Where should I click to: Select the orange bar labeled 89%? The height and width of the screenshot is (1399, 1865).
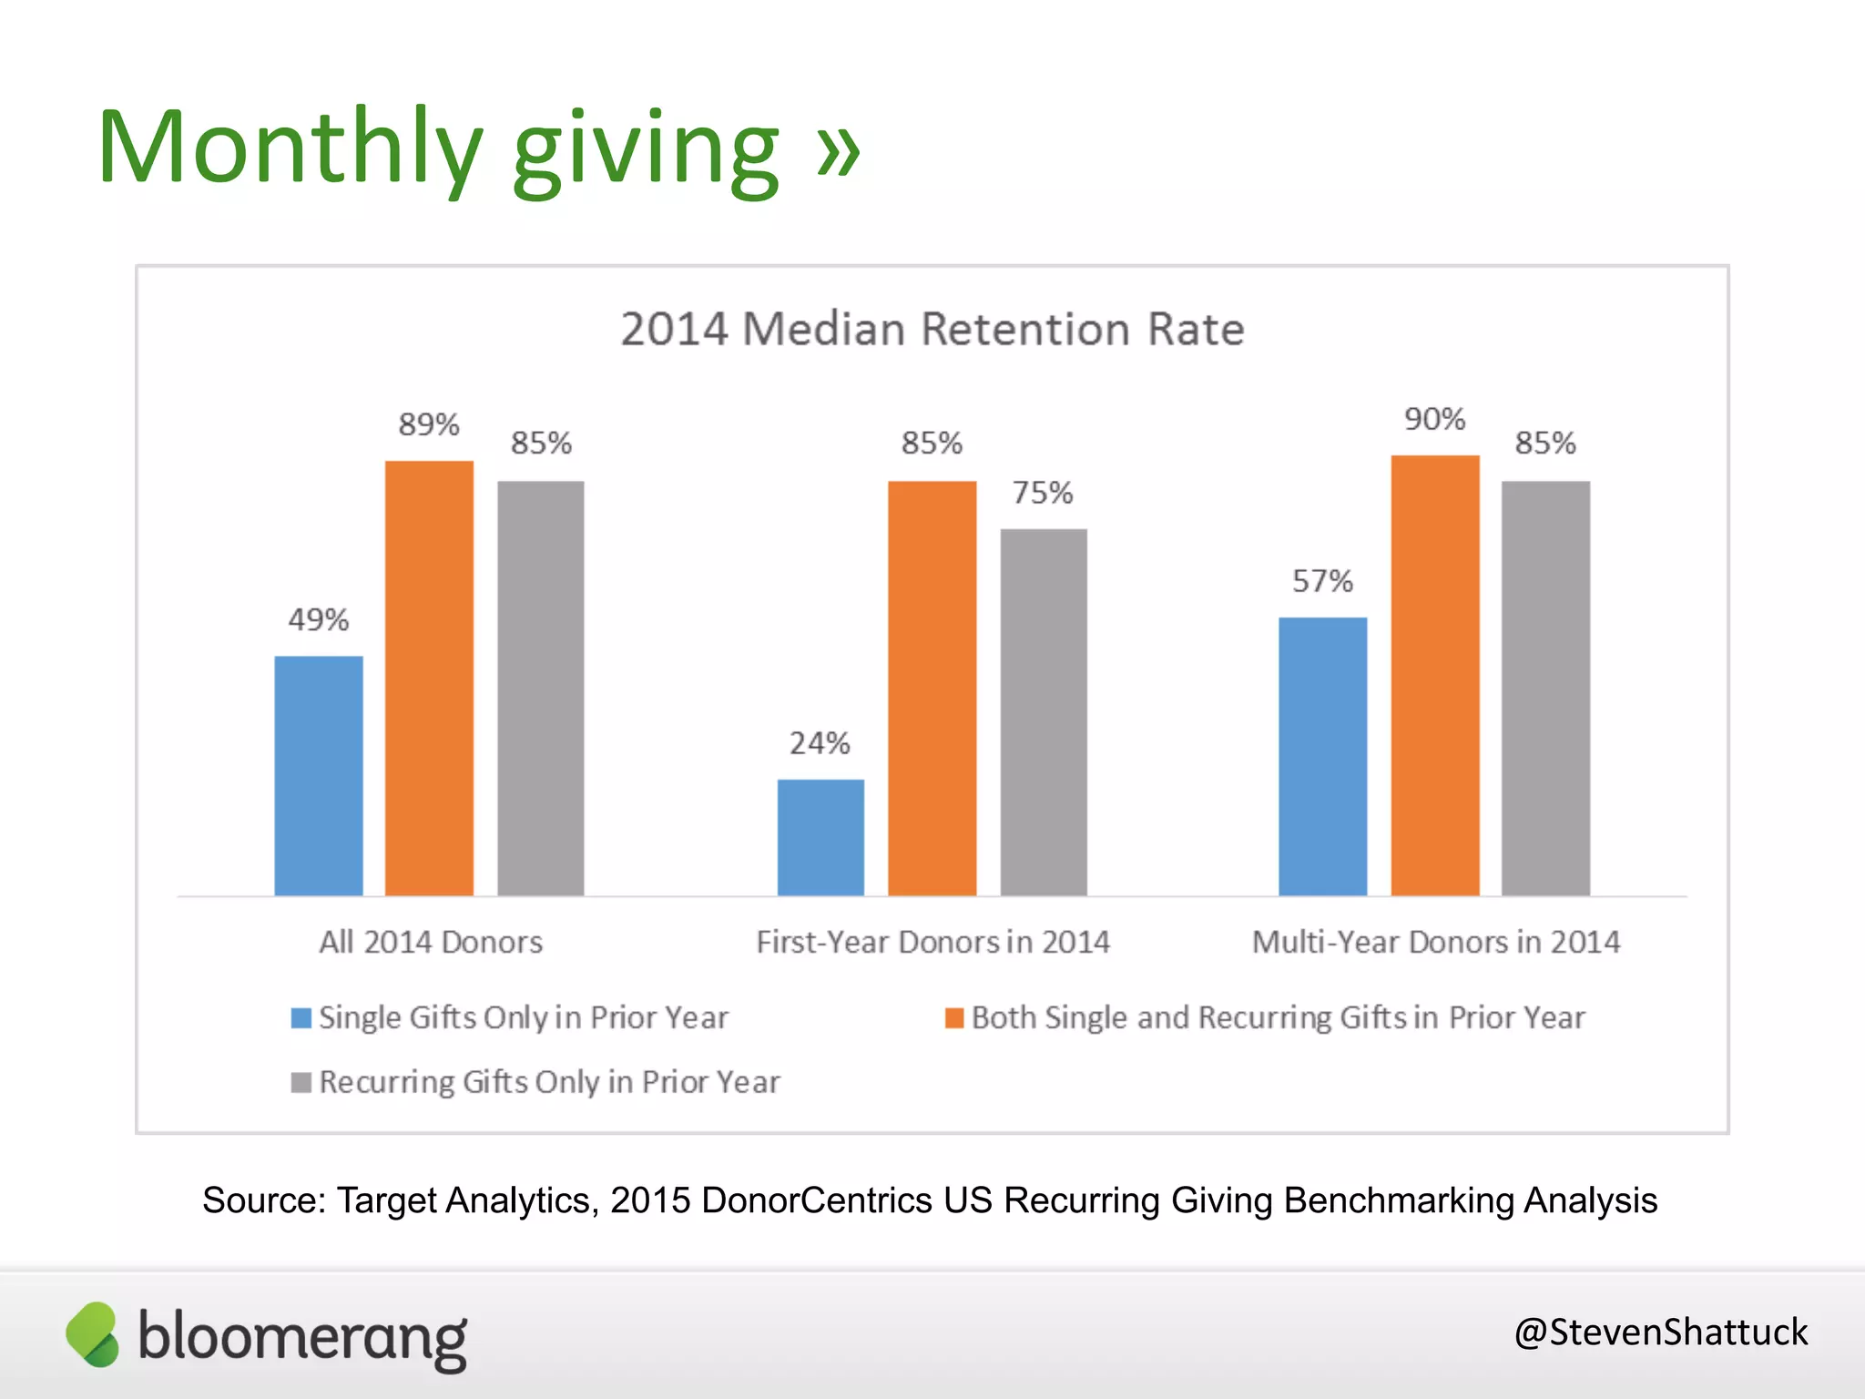429,679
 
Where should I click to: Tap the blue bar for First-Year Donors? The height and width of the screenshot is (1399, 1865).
820,837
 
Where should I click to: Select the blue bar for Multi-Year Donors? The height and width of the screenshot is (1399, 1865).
1322,756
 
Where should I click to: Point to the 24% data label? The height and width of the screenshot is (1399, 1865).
820,743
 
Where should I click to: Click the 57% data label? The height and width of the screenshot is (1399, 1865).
1322,581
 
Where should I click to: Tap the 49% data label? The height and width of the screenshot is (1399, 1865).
319,620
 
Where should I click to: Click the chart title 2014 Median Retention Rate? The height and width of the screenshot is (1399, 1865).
932,329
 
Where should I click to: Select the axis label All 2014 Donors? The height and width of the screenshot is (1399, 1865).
431,942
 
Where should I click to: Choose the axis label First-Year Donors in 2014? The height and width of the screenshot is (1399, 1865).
933,942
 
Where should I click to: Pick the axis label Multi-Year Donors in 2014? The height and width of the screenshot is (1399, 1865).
1436,942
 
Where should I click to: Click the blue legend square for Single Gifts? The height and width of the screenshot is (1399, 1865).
301,1017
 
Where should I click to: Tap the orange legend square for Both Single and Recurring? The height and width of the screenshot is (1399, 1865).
954,1017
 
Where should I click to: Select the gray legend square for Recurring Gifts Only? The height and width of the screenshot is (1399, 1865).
301,1082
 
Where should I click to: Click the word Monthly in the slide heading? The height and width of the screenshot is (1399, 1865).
290,148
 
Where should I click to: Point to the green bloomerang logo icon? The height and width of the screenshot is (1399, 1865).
93,1334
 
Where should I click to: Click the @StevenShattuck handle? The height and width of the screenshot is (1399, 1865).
1660,1333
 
